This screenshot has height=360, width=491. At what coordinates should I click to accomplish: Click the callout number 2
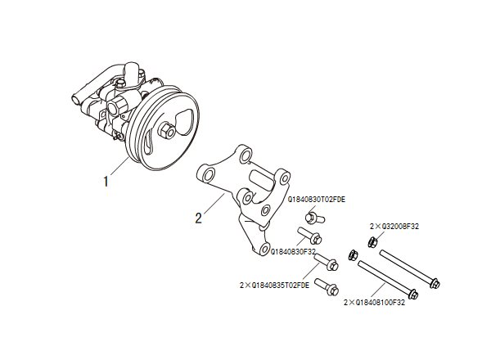click(198, 218)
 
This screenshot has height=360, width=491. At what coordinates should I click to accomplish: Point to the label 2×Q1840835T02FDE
click(273, 286)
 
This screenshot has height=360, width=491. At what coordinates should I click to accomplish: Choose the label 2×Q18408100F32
click(375, 302)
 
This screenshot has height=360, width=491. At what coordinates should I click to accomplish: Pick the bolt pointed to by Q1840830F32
click(309, 238)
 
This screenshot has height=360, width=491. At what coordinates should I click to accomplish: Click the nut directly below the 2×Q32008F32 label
click(372, 241)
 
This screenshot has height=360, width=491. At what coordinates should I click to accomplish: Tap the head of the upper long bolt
click(435, 283)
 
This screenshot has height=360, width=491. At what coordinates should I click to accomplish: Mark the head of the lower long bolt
click(412, 295)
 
